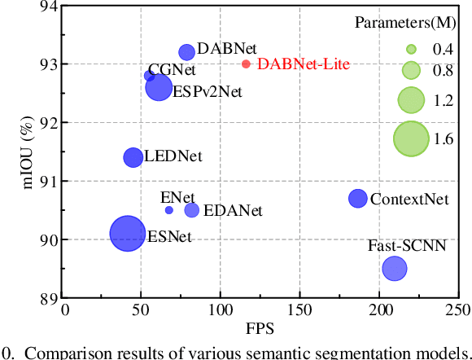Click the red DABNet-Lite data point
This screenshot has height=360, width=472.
246,64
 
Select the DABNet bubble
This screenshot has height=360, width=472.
186,52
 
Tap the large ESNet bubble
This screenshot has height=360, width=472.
127,234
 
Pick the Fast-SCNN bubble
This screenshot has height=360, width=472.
395,267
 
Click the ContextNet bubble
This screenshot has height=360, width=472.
358,198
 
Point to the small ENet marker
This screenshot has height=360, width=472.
168,210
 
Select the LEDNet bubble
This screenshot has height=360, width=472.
133,157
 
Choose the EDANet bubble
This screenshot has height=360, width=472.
192,210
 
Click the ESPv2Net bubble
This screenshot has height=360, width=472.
159,87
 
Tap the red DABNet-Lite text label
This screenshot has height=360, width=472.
303,64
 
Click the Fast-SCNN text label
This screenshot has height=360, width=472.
407,245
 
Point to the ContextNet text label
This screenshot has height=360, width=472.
409,199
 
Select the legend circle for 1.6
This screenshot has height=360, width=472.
411,138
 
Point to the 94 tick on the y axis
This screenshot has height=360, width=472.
49,7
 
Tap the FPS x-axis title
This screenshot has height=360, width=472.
260,328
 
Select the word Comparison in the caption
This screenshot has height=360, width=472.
63,352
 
